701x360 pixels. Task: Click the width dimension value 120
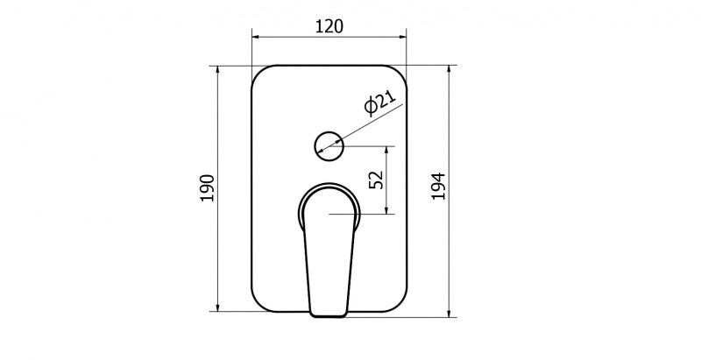pyautogui.click(x=329, y=25)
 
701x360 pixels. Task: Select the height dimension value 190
pyautogui.click(x=207, y=188)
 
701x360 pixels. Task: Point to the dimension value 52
pyautogui.click(x=376, y=180)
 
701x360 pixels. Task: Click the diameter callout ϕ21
pyautogui.click(x=373, y=104)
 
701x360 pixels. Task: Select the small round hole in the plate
pyautogui.click(x=329, y=144)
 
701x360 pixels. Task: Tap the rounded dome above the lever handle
pyautogui.click(x=329, y=197)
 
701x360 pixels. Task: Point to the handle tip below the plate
pyautogui.click(x=329, y=314)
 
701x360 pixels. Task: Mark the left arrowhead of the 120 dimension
pyautogui.click(x=256, y=37)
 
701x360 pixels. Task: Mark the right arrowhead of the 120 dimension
pyautogui.click(x=403, y=37)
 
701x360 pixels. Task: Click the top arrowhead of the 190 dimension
pyautogui.click(x=217, y=69)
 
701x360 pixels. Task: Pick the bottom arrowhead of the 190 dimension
pyautogui.click(x=217, y=307)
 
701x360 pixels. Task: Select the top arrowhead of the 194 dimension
pyautogui.click(x=450, y=69)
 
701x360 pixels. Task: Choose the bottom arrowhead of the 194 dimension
pyautogui.click(x=450, y=313)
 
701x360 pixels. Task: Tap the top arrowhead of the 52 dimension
pyautogui.click(x=388, y=150)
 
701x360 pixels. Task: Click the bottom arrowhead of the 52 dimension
pyautogui.click(x=388, y=209)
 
